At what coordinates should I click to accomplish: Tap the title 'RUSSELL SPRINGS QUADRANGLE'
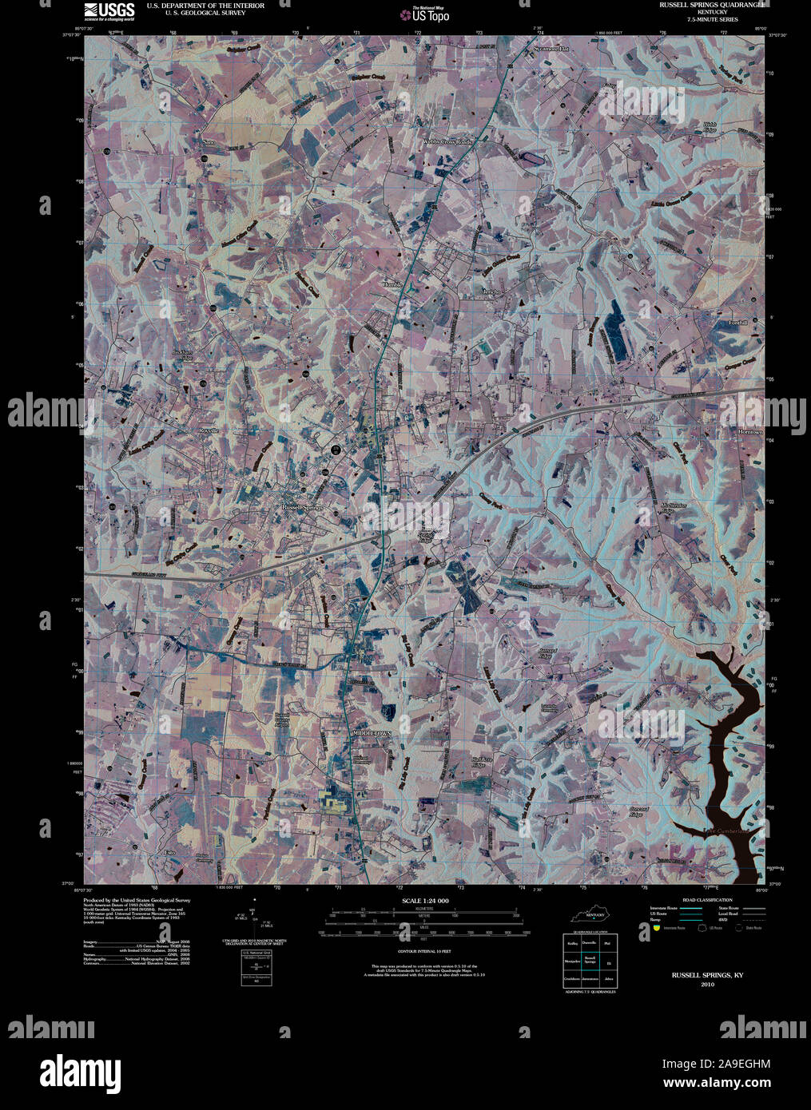[x=713, y=5]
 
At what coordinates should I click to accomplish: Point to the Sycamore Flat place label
[x=551, y=49]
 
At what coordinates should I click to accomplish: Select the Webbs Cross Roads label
[x=448, y=141]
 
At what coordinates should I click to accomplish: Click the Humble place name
[x=394, y=284]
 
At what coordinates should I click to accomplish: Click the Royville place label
[x=209, y=430]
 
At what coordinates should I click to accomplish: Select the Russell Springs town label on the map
[x=301, y=507]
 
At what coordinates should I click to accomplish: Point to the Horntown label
[x=750, y=432]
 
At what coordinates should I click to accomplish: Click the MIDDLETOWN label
[x=372, y=732]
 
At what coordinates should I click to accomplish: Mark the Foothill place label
[x=737, y=323]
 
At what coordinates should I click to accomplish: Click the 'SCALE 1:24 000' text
[x=423, y=901]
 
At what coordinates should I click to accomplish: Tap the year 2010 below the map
[x=706, y=985]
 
